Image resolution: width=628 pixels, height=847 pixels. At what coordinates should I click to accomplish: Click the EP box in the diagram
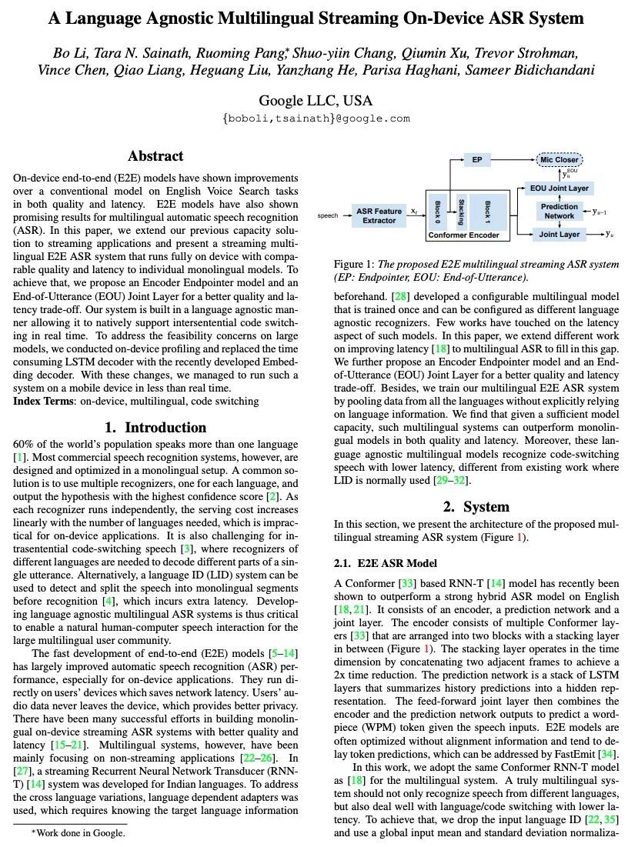pyautogui.click(x=476, y=160)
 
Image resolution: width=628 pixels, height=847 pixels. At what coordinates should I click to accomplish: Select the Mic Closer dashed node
pyautogui.click(x=560, y=160)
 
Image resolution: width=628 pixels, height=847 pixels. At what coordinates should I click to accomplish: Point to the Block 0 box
pyautogui.click(x=436, y=208)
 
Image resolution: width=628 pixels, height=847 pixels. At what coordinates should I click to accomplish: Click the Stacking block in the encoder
pyautogui.click(x=461, y=208)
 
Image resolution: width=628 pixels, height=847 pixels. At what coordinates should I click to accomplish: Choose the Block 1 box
pyautogui.click(x=487, y=208)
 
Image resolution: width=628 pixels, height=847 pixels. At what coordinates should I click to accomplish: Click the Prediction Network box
pyautogui.click(x=560, y=211)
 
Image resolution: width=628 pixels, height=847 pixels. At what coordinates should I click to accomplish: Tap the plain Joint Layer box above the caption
pyautogui.click(x=560, y=234)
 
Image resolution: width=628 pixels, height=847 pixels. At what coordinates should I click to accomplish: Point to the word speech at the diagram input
pyautogui.click(x=328, y=215)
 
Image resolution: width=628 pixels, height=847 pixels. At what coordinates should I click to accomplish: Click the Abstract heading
pyautogui.click(x=155, y=156)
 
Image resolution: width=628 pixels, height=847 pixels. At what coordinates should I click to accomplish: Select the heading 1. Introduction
pyautogui.click(x=155, y=428)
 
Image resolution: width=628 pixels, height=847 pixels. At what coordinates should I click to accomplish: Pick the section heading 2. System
pyautogui.click(x=476, y=507)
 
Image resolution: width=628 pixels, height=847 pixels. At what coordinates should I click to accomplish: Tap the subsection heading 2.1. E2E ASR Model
pyautogui.click(x=386, y=564)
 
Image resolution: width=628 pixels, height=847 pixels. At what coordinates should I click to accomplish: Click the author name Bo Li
pyautogui.click(x=69, y=53)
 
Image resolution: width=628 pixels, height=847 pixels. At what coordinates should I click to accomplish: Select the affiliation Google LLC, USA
pyautogui.click(x=315, y=101)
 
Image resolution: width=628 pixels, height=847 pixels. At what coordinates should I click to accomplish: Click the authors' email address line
pyautogui.click(x=315, y=118)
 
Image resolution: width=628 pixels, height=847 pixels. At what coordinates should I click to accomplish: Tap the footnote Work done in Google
pyautogui.click(x=78, y=832)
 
